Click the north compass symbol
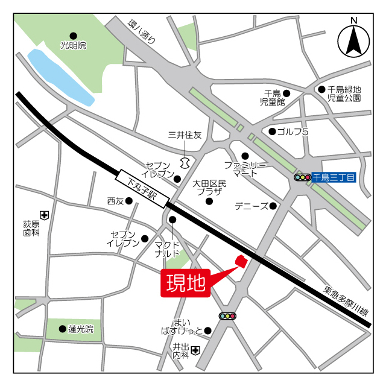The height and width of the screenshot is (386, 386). [354, 40]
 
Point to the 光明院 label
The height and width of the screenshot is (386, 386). [74, 45]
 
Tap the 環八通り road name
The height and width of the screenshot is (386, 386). [142, 33]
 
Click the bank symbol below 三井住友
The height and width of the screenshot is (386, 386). [185, 162]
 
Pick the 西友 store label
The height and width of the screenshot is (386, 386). [115, 201]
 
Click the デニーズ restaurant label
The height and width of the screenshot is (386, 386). [251, 206]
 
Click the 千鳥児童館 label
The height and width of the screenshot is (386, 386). [272, 97]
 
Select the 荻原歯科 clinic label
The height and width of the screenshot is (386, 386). [31, 228]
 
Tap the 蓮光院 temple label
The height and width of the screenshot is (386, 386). [81, 329]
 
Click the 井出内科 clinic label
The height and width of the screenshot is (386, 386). [180, 352]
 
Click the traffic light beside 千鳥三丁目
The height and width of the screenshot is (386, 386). [302, 177]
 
